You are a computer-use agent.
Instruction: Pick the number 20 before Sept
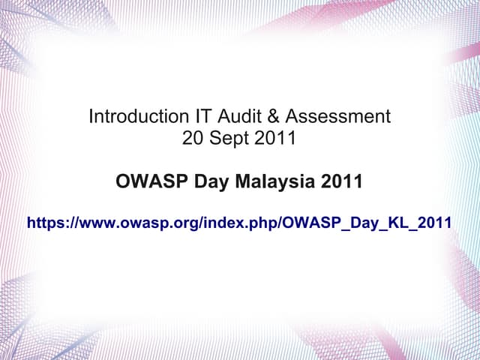[192, 138]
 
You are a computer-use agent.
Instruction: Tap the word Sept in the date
[227, 138]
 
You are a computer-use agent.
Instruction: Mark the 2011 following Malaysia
[341, 181]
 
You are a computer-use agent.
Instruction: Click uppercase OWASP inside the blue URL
[308, 223]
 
